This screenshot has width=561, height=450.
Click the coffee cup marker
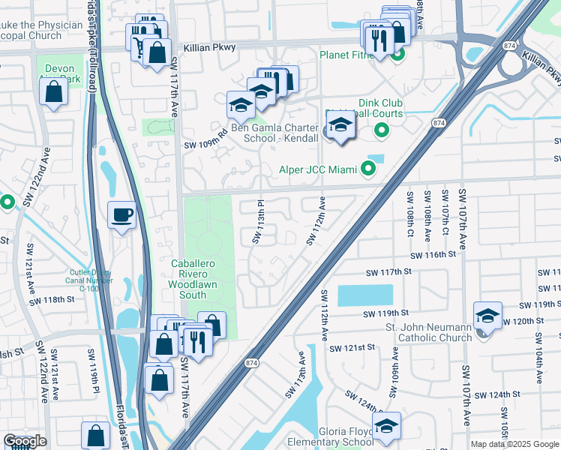(121, 215)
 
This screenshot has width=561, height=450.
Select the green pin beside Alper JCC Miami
(367, 168)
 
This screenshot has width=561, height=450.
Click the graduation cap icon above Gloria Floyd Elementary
(387, 426)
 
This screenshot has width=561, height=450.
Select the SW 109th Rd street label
(205, 139)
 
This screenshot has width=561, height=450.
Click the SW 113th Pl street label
(259, 221)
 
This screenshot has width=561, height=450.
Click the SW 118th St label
(52, 301)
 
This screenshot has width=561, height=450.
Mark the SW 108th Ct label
(410, 213)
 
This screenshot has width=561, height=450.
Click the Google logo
(25, 441)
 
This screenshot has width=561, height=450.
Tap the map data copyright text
(514, 444)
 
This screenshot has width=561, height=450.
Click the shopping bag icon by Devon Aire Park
(54, 92)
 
